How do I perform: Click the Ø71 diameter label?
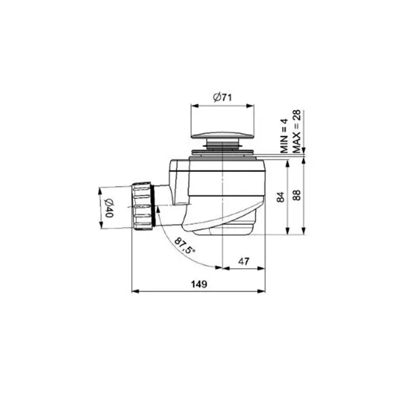tap(222, 97)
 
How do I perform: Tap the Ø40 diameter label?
tap(109, 208)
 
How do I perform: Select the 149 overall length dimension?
tap(199, 284)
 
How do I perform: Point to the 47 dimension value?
tap(243, 262)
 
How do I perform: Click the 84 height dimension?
tap(281, 197)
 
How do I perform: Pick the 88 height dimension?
tap(296, 195)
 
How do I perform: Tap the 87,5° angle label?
tap(184, 245)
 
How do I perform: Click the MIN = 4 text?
tap(284, 136)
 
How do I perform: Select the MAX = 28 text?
tap(297, 131)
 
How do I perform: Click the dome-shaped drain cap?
tap(222, 135)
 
